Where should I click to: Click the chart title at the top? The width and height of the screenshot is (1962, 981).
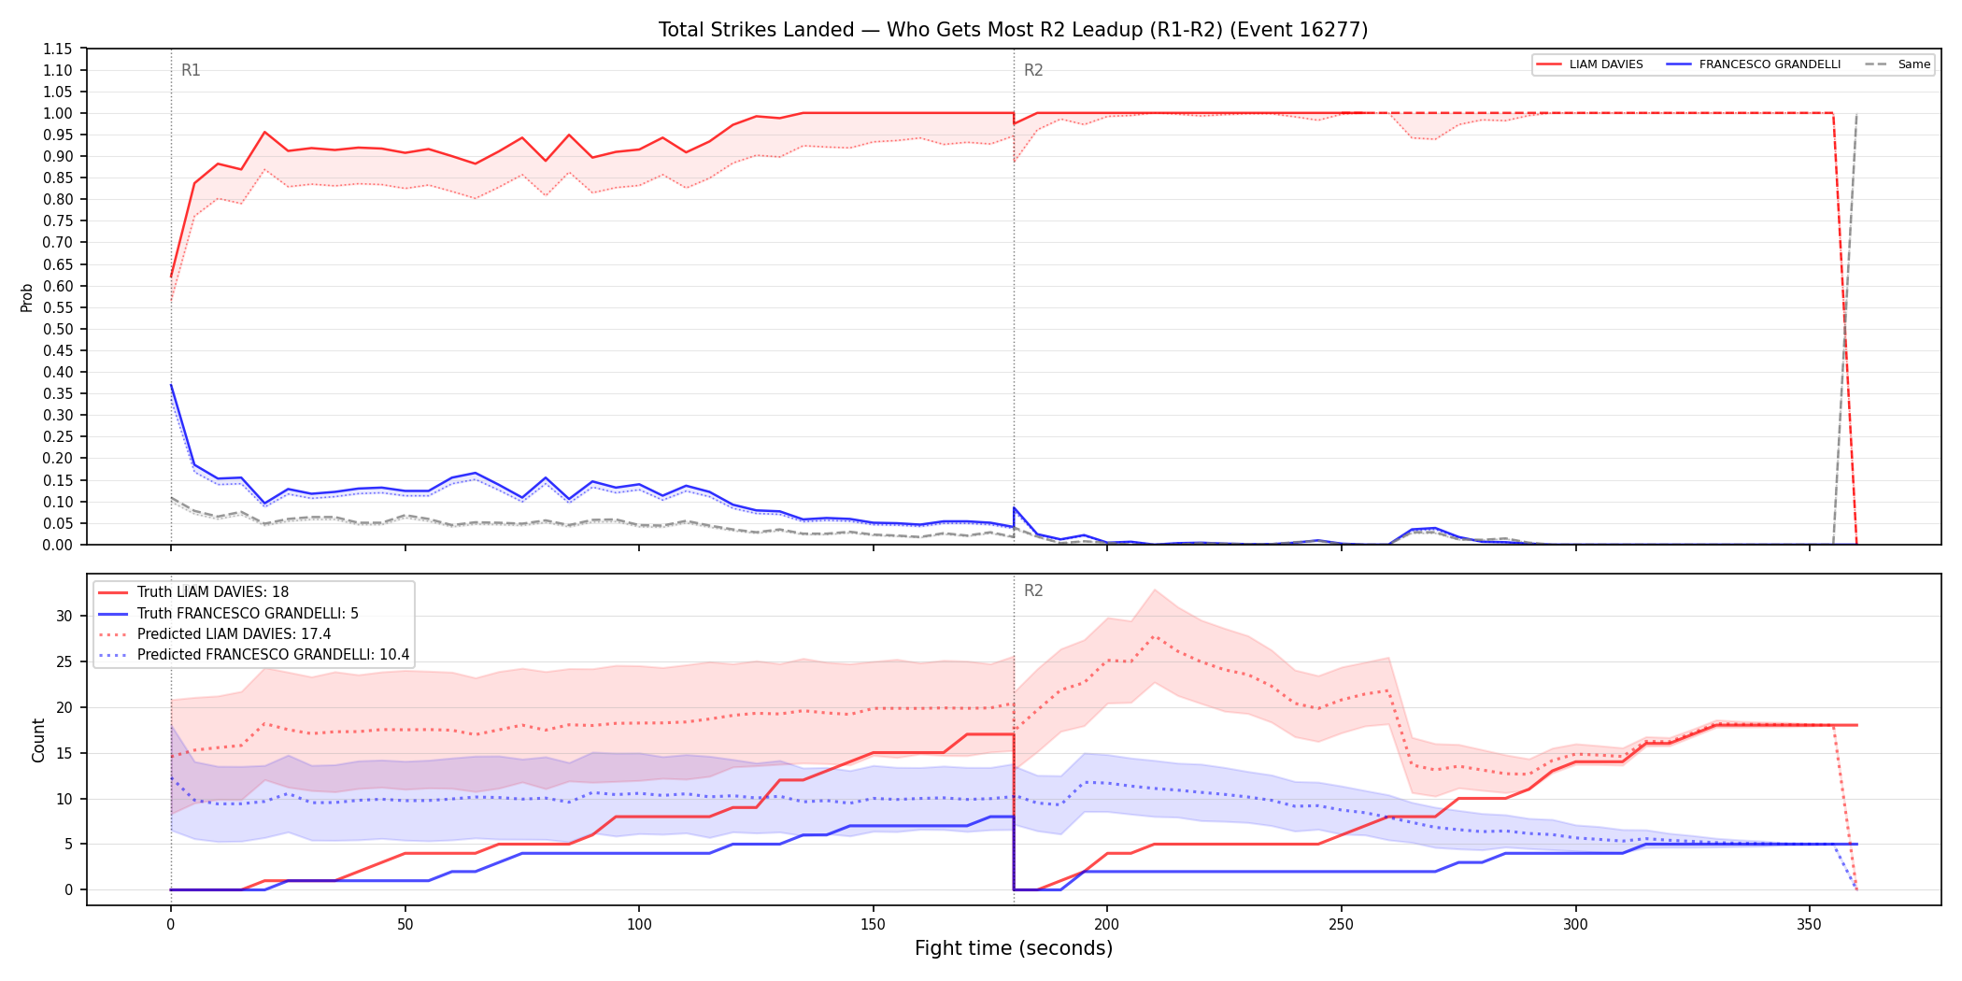tap(1013, 30)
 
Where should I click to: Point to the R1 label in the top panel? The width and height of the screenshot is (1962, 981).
tap(191, 70)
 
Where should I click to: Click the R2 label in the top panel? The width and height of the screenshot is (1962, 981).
tap(1033, 70)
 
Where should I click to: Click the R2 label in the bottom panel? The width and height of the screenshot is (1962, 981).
tap(1033, 590)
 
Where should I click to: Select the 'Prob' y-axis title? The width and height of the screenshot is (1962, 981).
tap(27, 297)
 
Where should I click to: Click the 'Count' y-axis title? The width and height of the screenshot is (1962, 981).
tap(38, 740)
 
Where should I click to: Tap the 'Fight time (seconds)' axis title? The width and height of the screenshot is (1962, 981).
tap(1014, 948)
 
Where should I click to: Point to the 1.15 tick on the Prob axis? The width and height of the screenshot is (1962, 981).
tap(58, 49)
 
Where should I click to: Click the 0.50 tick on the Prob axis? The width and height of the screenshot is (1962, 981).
tap(58, 329)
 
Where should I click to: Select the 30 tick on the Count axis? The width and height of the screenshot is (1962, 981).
tap(64, 616)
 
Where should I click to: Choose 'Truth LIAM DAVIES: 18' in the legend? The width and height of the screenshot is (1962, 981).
tap(213, 592)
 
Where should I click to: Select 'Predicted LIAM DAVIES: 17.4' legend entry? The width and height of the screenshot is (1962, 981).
tap(234, 634)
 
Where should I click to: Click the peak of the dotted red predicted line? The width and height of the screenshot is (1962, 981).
tap(1155, 636)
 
